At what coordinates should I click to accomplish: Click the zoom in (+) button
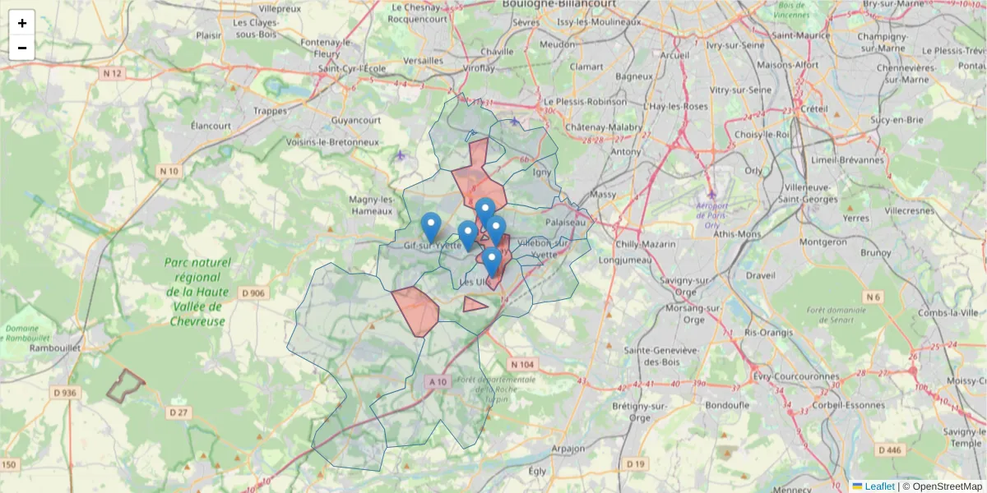pos(22,23)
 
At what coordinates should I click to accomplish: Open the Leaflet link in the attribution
pos(878,486)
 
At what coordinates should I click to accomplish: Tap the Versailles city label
pos(424,61)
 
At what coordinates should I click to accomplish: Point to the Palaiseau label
pos(568,222)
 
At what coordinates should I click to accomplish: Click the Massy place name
pos(602,195)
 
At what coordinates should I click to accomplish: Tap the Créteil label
pos(813,108)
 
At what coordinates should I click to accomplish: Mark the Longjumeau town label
pos(625,261)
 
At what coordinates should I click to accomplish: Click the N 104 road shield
pos(521,364)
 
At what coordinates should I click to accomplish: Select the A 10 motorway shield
pos(438,382)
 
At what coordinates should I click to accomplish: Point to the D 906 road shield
pos(254,293)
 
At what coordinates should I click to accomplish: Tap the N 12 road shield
pos(112,74)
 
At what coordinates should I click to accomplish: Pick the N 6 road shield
pos(873,297)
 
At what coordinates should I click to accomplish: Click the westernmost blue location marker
pos(430,227)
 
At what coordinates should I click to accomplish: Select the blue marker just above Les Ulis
pos(492,261)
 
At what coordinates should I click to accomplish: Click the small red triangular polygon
pos(474,304)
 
